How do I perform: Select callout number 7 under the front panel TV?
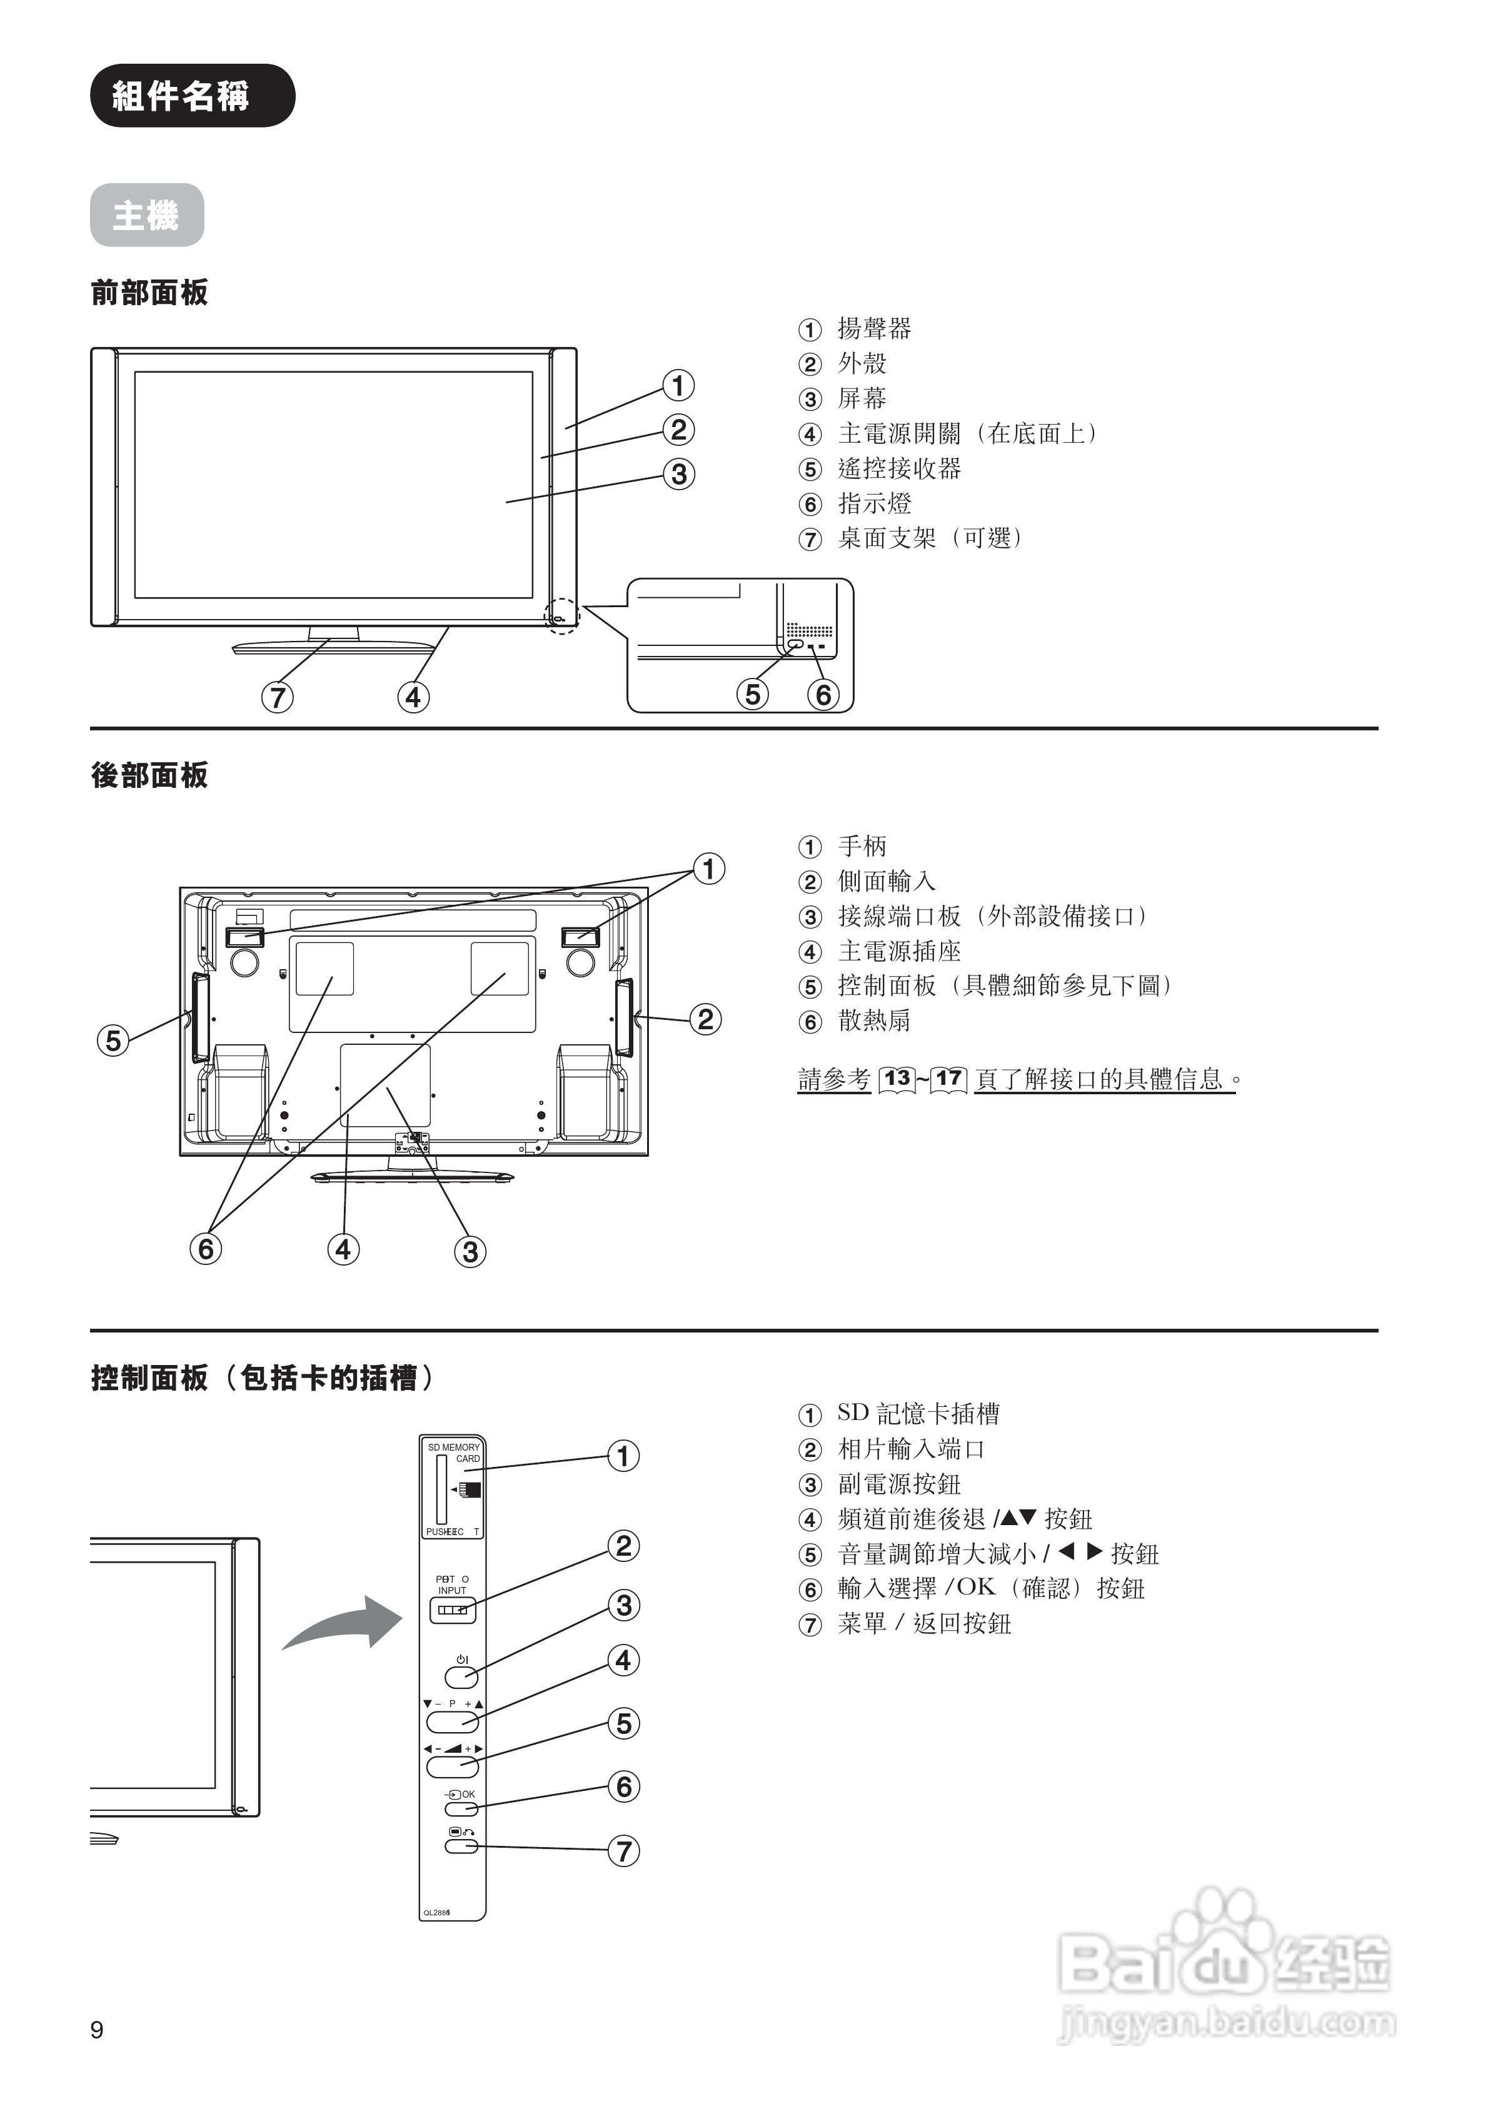277,697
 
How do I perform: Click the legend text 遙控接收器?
899,469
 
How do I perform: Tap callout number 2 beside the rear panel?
705,1019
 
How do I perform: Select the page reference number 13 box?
897,1078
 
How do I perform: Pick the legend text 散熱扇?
873,1021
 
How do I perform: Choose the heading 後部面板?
149,776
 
